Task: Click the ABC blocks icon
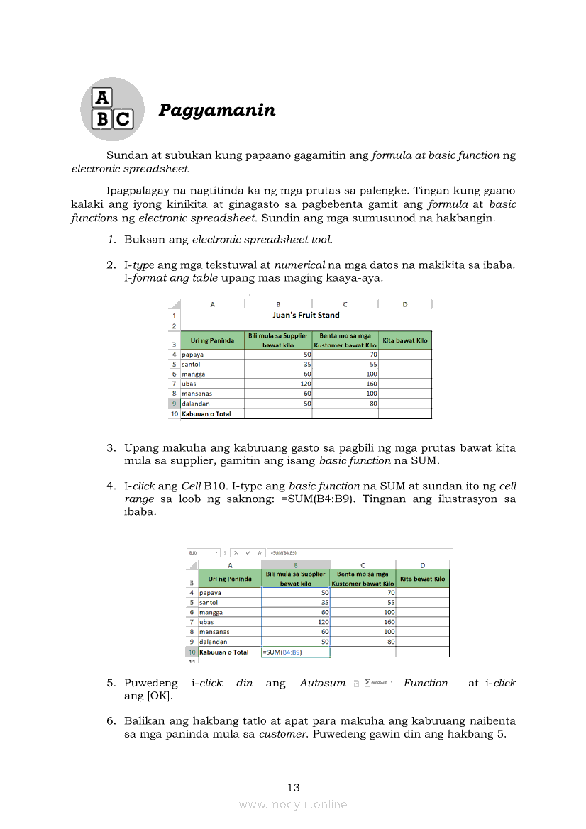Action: [112, 109]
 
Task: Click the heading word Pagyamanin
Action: [216, 110]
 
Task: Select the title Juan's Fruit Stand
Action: [306, 315]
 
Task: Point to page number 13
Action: [294, 787]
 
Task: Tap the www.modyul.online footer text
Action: [293, 804]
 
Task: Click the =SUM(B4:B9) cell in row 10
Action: [283, 652]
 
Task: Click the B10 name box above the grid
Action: [194, 552]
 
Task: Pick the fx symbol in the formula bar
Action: [260, 552]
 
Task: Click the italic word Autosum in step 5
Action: [322, 684]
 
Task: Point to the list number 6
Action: [111, 720]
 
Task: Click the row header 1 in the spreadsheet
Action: [175, 316]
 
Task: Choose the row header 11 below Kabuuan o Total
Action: [191, 661]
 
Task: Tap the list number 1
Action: [111, 240]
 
